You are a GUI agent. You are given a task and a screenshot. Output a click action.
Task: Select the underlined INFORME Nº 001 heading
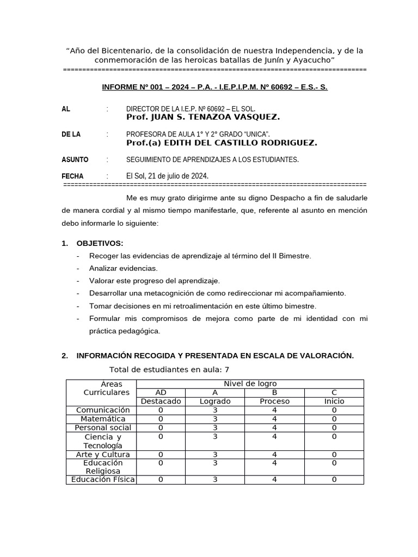pyautogui.click(x=215, y=87)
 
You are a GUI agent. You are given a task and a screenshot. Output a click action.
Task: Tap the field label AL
pyautogui.click(x=66, y=109)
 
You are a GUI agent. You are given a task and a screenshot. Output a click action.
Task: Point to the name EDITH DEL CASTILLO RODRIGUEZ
pyautogui.click(x=222, y=143)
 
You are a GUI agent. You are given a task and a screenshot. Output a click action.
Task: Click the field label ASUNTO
pyautogui.click(x=75, y=159)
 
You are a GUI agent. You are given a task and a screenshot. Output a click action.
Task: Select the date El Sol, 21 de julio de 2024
pyautogui.click(x=167, y=176)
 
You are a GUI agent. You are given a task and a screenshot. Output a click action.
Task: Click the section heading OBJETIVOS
pyautogui.click(x=100, y=243)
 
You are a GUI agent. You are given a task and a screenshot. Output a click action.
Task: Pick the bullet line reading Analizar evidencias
pyautogui.click(x=123, y=268)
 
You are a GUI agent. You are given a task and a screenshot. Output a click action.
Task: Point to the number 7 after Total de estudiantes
pyautogui.click(x=227, y=370)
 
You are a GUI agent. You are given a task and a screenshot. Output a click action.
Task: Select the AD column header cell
pyautogui.click(x=161, y=392)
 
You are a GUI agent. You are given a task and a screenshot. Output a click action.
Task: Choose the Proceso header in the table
pyautogui.click(x=274, y=401)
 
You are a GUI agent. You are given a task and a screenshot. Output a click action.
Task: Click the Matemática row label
pyautogui.click(x=103, y=419)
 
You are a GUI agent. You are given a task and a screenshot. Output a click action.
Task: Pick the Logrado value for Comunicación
pyautogui.click(x=215, y=410)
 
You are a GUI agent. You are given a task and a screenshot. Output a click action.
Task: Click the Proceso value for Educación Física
pyautogui.click(x=274, y=480)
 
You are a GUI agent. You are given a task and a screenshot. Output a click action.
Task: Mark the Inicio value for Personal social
pyautogui.click(x=334, y=428)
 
